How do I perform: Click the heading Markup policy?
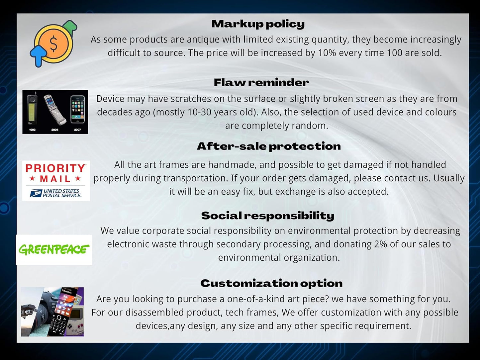pos(258,24)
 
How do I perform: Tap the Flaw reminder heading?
pos(261,82)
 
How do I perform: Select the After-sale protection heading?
pos(269,146)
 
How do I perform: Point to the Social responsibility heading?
pos(268,216)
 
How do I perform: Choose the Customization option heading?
pos(271,283)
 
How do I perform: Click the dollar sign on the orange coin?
pos(53,44)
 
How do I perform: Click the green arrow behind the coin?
pos(70,27)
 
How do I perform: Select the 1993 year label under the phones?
pos(32,130)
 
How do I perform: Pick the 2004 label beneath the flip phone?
pos(55,130)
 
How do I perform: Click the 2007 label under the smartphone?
pos(77,130)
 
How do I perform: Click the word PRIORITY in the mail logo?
pos(55,168)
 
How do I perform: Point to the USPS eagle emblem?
pos(36,193)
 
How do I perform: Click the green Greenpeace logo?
pos(54,250)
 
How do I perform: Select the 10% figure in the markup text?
pos(327,53)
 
